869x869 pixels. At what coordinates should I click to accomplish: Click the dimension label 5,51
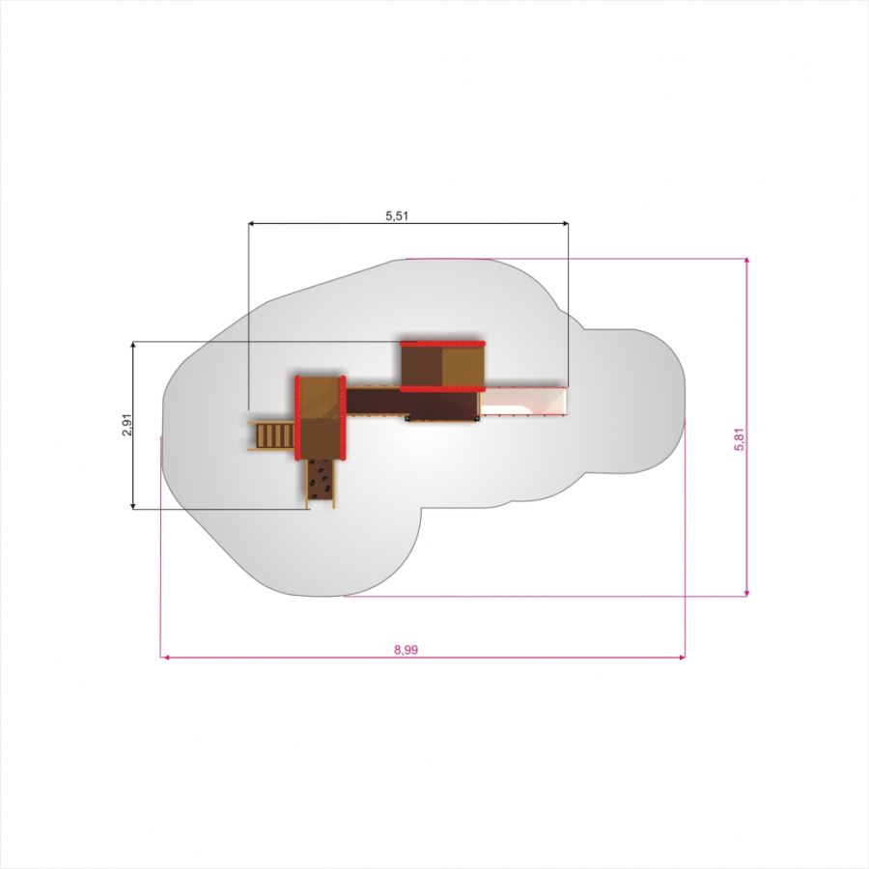point(397,215)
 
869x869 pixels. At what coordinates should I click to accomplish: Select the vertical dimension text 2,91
point(127,425)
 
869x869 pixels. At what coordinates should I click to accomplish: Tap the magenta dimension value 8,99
point(406,650)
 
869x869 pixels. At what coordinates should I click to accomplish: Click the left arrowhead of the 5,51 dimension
point(251,223)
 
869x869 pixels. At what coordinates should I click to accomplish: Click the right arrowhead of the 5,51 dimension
point(565,223)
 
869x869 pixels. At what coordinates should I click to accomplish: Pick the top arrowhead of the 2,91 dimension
point(133,345)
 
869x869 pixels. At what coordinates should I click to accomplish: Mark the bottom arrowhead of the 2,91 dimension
point(133,505)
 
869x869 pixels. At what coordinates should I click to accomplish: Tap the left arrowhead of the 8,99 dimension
point(164,658)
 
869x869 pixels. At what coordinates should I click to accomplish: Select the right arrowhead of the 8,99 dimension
point(682,658)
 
